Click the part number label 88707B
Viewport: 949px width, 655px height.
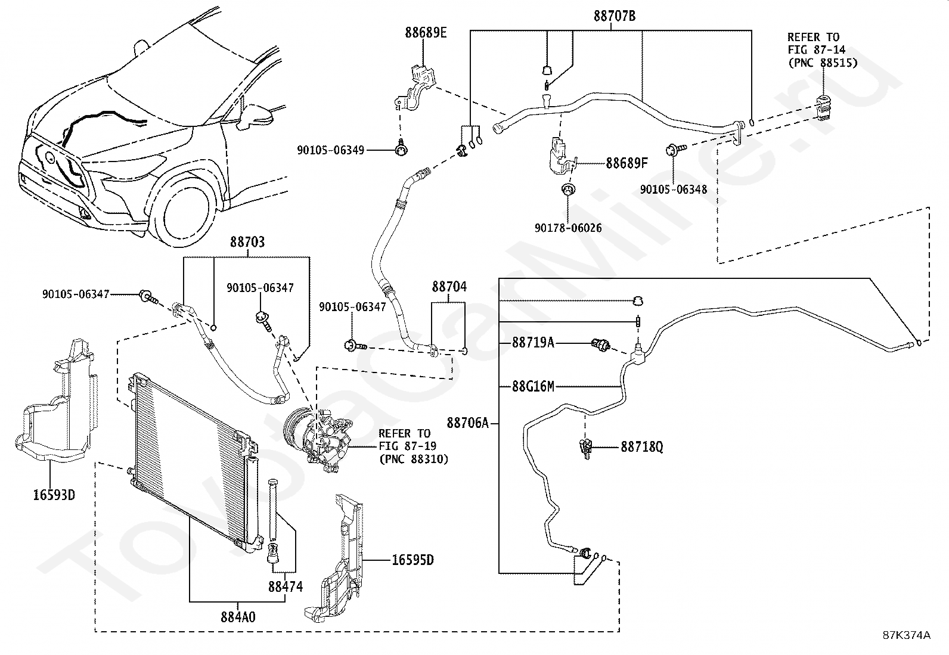tap(614, 16)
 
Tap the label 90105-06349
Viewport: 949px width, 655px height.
tap(330, 151)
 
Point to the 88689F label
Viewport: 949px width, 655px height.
tap(627, 163)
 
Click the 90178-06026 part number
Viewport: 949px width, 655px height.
tap(568, 228)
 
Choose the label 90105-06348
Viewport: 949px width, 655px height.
tap(674, 190)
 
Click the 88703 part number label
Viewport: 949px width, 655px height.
tap(247, 242)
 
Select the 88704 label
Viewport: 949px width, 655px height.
tap(449, 287)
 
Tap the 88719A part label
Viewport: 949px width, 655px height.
tap(533, 343)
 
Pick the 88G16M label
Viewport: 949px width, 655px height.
tap(533, 386)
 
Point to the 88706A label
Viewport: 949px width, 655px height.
tap(467, 423)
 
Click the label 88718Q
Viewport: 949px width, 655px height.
tap(641, 446)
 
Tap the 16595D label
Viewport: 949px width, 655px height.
tap(413, 560)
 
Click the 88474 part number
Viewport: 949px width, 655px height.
tap(285, 586)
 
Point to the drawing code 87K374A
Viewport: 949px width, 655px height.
tap(906, 635)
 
